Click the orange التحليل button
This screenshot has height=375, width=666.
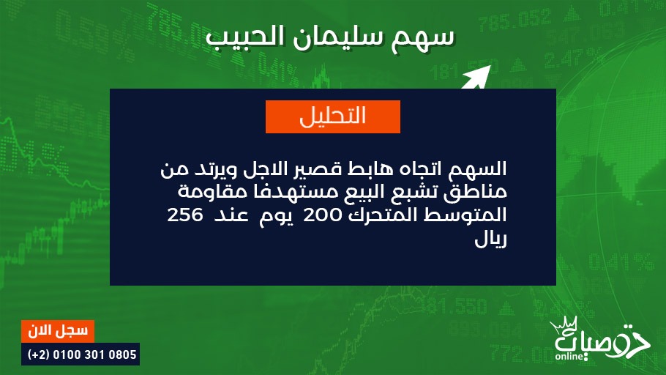click(x=332, y=116)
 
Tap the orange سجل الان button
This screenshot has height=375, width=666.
click(x=58, y=331)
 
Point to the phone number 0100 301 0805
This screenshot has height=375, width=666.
click(x=94, y=354)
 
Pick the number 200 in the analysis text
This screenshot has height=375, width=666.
click(x=322, y=215)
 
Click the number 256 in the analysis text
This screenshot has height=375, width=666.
click(x=185, y=215)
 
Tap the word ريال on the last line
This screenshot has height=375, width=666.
click(x=490, y=240)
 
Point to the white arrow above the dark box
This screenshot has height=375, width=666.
click(x=476, y=77)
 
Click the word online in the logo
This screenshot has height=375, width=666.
click(x=569, y=356)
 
